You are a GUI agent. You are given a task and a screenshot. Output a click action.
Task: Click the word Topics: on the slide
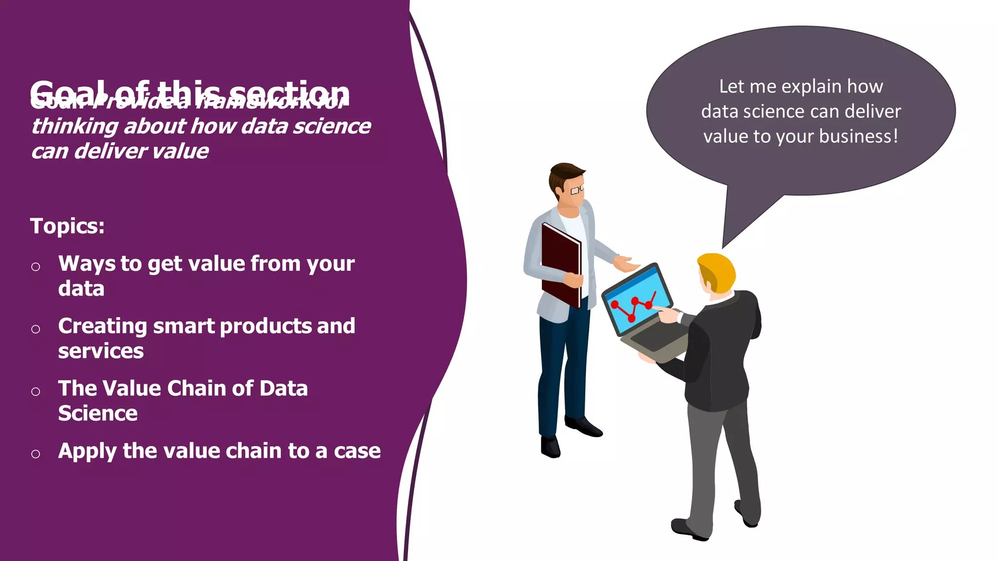(x=67, y=226)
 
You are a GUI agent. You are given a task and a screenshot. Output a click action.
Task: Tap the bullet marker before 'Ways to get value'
(x=36, y=266)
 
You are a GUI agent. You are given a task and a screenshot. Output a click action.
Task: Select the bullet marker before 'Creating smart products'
(x=36, y=329)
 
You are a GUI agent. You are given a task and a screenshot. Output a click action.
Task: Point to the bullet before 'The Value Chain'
(x=36, y=392)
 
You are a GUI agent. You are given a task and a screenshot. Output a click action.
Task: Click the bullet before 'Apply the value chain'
(x=36, y=454)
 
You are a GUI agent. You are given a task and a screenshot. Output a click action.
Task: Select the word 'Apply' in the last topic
(x=87, y=451)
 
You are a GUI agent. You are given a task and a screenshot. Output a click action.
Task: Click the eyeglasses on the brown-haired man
(x=577, y=189)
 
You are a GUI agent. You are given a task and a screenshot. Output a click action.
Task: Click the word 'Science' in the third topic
(x=98, y=413)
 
